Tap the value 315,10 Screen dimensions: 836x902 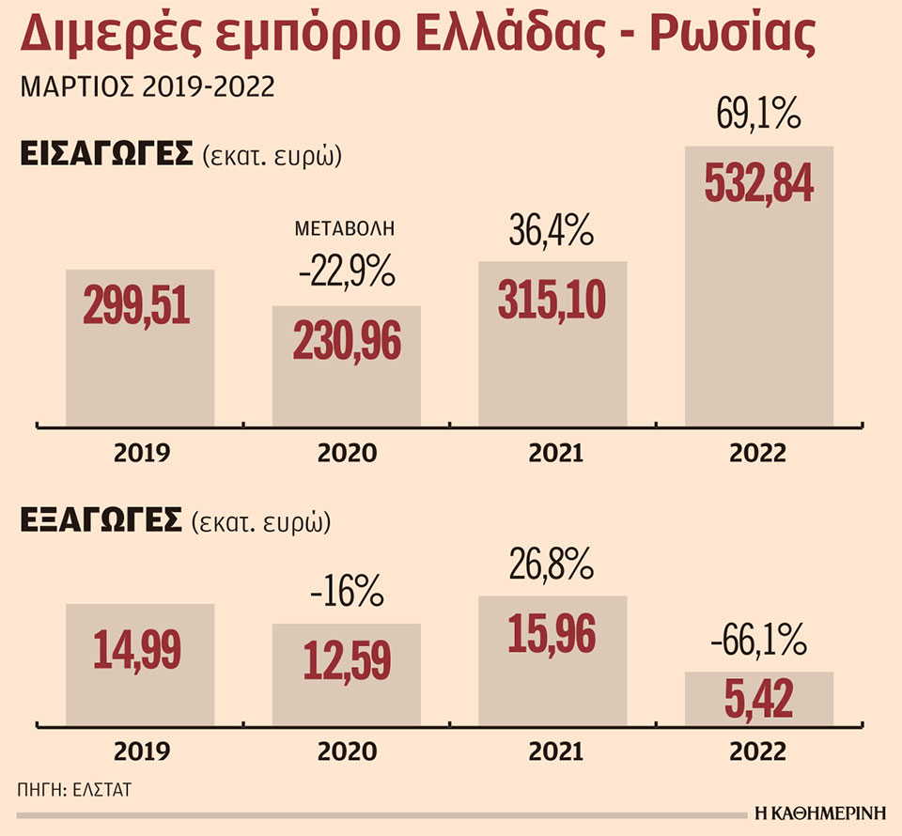[x=552, y=299]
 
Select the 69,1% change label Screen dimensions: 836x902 [x=758, y=118]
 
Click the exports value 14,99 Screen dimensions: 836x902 [x=139, y=650]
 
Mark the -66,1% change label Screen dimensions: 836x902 [x=758, y=644]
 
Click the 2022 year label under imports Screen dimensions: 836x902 [x=759, y=454]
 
